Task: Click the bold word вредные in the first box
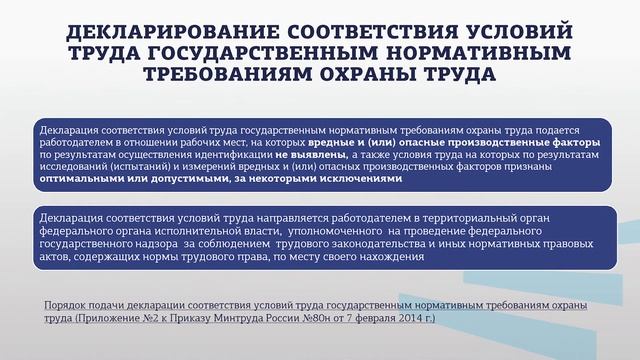(406, 144)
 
